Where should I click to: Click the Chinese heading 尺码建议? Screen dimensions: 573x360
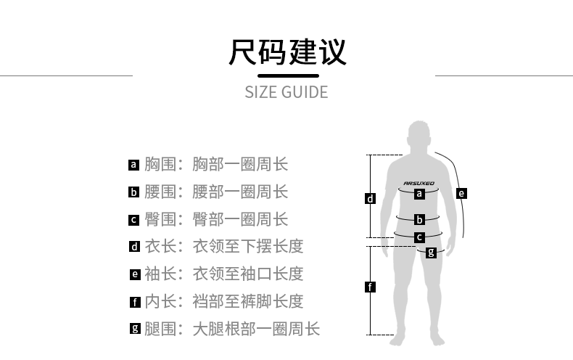pos(286,52)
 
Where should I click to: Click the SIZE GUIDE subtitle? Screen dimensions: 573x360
pos(286,92)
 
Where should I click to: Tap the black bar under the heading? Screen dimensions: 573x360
pos(288,75)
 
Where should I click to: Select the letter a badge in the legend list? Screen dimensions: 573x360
pos(133,165)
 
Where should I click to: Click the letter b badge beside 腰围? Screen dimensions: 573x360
pos(133,192)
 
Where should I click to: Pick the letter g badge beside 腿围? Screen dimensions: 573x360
pos(134,329)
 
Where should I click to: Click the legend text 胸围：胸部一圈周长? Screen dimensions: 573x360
pos(216,165)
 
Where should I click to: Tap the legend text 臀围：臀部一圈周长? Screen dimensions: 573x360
pos(216,219)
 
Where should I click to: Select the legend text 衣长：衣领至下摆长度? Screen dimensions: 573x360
pos(223,247)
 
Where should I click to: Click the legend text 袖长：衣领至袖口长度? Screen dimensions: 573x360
pos(223,274)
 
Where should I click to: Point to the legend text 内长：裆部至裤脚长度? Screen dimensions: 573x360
pos(223,301)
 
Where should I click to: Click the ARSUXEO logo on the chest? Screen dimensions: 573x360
pos(419,183)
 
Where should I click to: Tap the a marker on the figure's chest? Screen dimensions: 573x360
pos(419,194)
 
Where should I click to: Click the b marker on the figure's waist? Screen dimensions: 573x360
pos(419,219)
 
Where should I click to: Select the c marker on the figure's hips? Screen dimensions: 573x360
pos(419,237)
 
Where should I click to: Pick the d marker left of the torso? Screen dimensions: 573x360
pos(370,198)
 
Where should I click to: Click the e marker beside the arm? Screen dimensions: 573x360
pos(461,193)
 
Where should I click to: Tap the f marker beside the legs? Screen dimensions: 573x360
pos(370,287)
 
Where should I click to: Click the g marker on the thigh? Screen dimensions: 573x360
pos(431,253)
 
